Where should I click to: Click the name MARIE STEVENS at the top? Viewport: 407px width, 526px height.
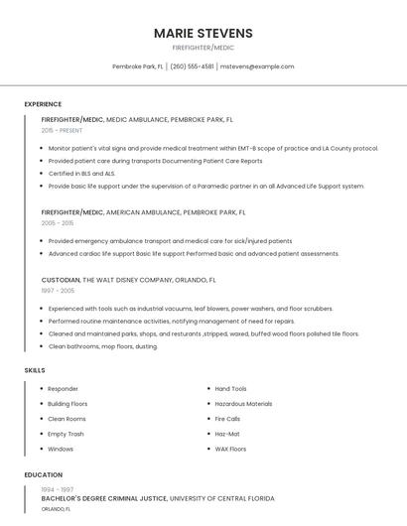click(x=203, y=33)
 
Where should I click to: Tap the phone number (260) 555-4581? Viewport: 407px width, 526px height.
click(x=192, y=66)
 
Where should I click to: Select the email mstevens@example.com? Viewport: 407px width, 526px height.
click(x=257, y=66)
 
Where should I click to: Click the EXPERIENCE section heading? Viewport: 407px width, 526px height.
click(x=43, y=104)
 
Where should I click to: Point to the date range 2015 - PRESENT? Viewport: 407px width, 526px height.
click(x=62, y=130)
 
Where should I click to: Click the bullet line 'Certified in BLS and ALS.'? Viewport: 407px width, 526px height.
click(x=81, y=174)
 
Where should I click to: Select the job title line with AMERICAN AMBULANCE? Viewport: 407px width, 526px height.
click(x=143, y=212)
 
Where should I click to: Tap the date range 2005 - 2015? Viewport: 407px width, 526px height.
click(x=58, y=223)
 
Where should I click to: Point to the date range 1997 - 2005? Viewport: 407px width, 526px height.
click(x=58, y=292)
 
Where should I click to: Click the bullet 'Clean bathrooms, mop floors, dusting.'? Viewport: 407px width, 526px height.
click(x=102, y=346)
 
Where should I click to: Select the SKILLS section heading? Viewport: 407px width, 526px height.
click(x=35, y=370)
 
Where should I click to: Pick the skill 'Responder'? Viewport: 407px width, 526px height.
click(x=63, y=389)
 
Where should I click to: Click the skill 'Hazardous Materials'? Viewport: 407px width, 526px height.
click(x=243, y=404)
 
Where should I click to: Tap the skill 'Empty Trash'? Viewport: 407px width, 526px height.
click(x=66, y=434)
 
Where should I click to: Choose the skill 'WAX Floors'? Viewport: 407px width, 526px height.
click(x=230, y=449)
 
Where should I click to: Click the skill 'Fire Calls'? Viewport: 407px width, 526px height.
click(x=228, y=419)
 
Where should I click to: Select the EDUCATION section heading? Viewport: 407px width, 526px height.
click(x=43, y=475)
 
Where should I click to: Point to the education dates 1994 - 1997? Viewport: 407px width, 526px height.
click(x=57, y=490)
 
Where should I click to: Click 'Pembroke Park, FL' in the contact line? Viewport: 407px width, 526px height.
click(x=138, y=66)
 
